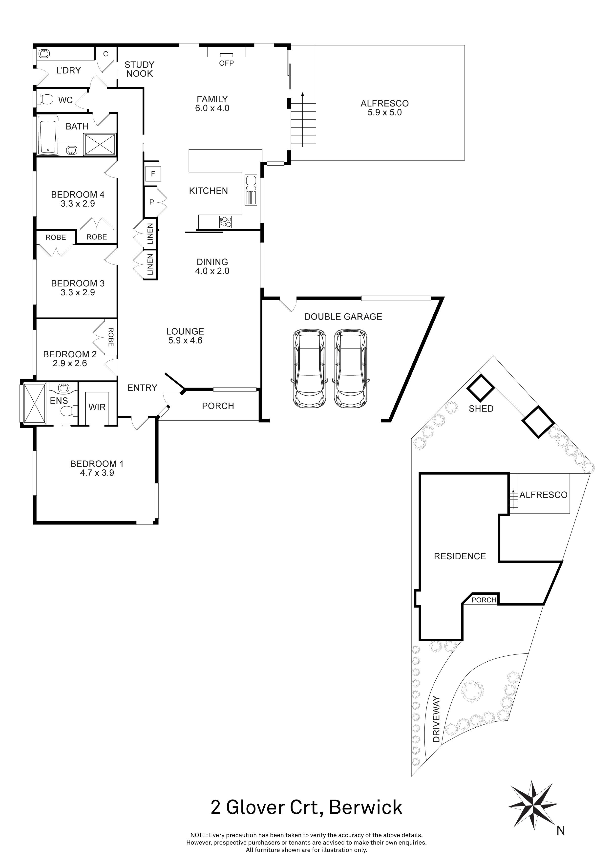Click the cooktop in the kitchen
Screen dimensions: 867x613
[x=226, y=221]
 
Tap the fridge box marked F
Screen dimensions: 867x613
[x=153, y=174]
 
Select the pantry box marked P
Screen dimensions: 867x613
[x=151, y=202]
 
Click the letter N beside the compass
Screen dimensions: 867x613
[x=561, y=830]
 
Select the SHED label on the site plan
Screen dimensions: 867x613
[x=481, y=409]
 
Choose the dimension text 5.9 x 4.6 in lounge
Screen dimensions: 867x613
[x=185, y=341]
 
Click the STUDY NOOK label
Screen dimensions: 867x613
[x=139, y=69]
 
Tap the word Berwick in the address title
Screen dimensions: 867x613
[x=366, y=808]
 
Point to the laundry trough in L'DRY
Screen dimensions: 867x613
[x=44, y=54]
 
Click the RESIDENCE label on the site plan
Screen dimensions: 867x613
[x=460, y=556]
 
